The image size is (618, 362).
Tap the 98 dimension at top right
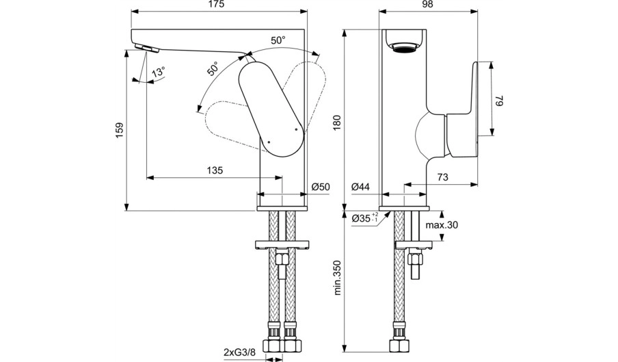tap(428, 5)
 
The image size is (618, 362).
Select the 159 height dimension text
tap(120, 130)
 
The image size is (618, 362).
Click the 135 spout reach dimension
tap(215, 170)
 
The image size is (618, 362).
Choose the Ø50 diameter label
tap(320, 187)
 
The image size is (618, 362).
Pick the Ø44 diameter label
tap(361, 187)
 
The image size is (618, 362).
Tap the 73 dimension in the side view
tap(442, 177)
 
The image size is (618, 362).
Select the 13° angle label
tap(159, 72)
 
